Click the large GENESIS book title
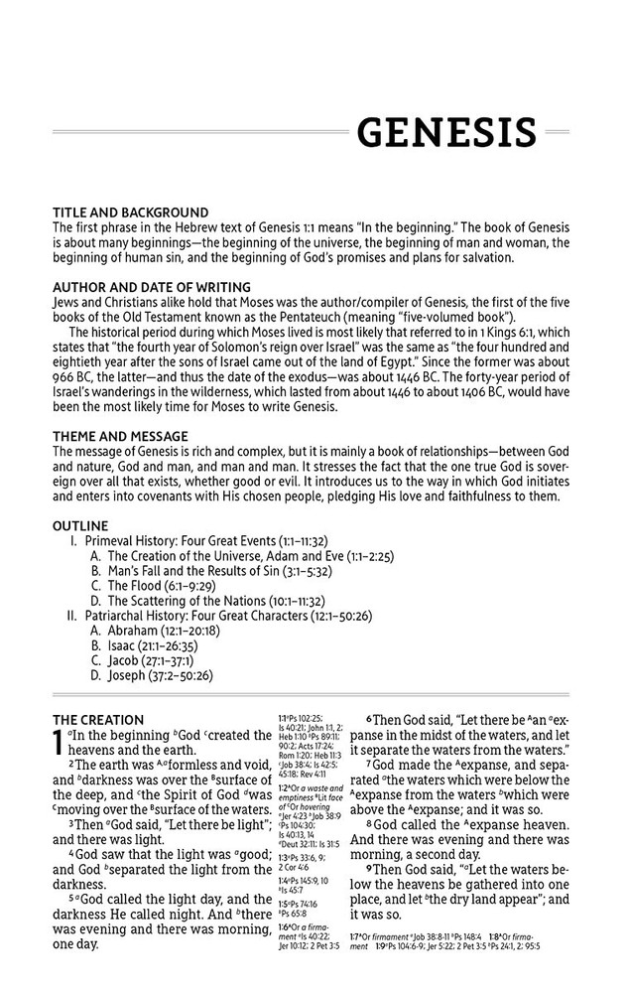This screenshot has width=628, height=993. (x=446, y=132)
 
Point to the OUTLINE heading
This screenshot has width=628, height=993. (x=80, y=525)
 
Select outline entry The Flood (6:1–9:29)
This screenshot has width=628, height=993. (x=170, y=587)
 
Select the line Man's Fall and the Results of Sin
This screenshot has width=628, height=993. (x=218, y=572)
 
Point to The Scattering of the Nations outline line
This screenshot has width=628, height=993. (x=228, y=602)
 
